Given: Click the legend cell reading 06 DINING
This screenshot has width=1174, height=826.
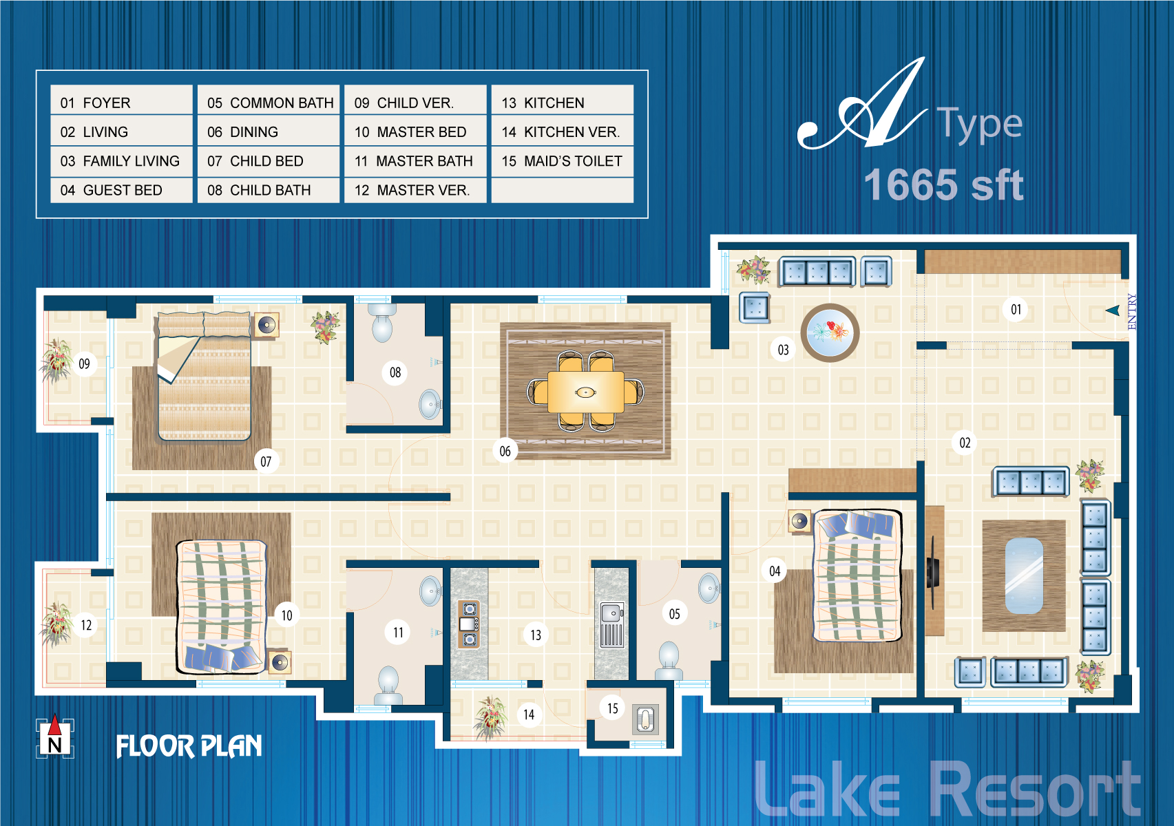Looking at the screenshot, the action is pos(269,131).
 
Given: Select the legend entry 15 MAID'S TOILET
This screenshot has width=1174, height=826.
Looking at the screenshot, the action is pos(563,161).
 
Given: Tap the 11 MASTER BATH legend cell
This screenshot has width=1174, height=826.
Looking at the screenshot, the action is pos(415,161).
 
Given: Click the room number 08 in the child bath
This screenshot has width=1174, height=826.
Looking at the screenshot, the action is pos(395,372).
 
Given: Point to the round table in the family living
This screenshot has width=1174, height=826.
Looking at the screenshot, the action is pos(830,332).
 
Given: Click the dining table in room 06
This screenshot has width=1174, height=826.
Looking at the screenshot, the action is pos(585,392).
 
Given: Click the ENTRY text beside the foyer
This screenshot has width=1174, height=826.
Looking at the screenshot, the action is pos(1132,312).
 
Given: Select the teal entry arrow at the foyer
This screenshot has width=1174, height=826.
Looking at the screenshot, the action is pos(1113,310).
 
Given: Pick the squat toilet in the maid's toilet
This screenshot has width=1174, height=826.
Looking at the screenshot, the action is pos(645,719).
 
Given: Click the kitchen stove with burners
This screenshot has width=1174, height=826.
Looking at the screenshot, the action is pos(468,624).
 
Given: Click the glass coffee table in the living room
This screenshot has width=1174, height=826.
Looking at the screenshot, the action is pos(1024,575).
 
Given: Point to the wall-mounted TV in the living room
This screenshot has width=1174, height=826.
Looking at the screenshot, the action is pos(932,573).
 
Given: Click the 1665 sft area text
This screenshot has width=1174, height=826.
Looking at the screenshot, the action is pos(943,184).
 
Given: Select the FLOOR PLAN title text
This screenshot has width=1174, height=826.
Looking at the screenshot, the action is pos(189,746).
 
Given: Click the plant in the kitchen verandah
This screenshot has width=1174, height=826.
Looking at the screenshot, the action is pos(490,717).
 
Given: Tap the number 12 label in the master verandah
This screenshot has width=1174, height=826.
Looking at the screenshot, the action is pos(86,625).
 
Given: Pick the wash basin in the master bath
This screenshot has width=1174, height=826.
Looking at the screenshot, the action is pos(431,591).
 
